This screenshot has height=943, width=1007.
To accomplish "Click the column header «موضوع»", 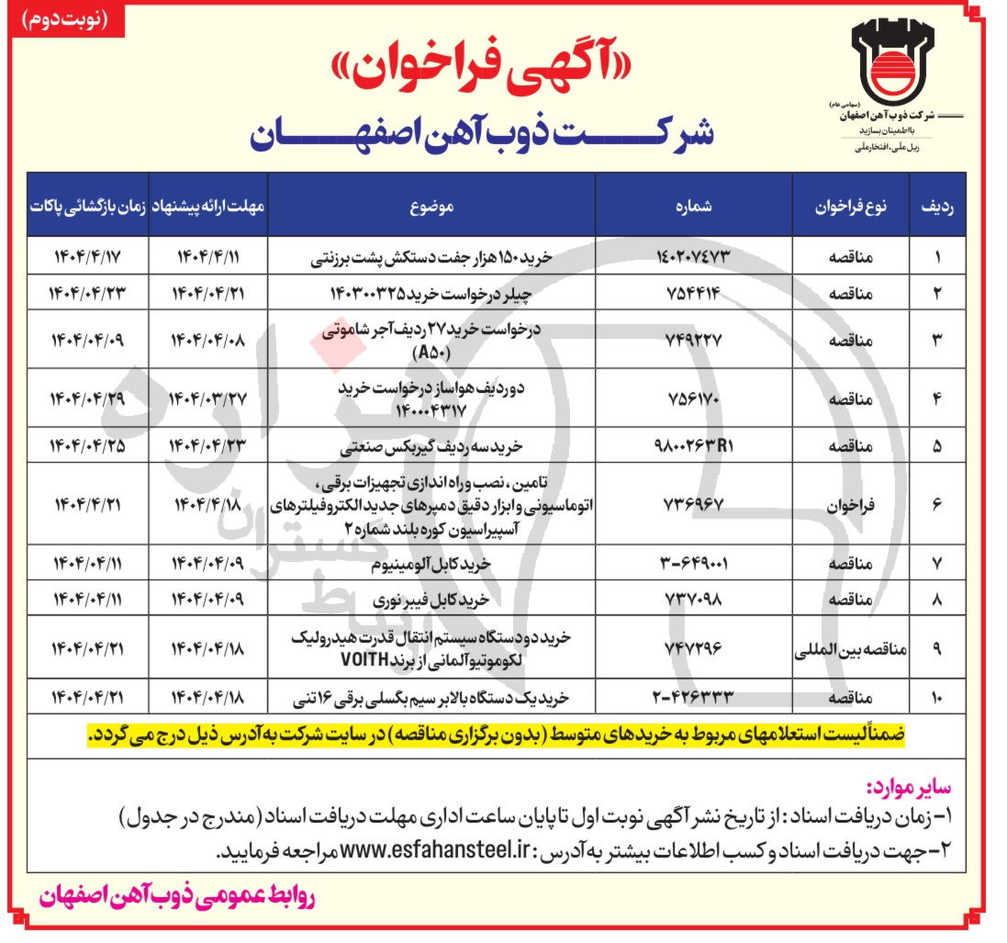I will click(431, 207).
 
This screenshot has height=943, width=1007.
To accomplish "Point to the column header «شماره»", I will click(693, 207).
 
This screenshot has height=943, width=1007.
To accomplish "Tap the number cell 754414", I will click(694, 293).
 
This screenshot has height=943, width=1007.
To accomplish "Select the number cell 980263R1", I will click(694, 448).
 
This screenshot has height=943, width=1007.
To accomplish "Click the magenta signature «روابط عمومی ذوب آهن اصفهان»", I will click(177, 900).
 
